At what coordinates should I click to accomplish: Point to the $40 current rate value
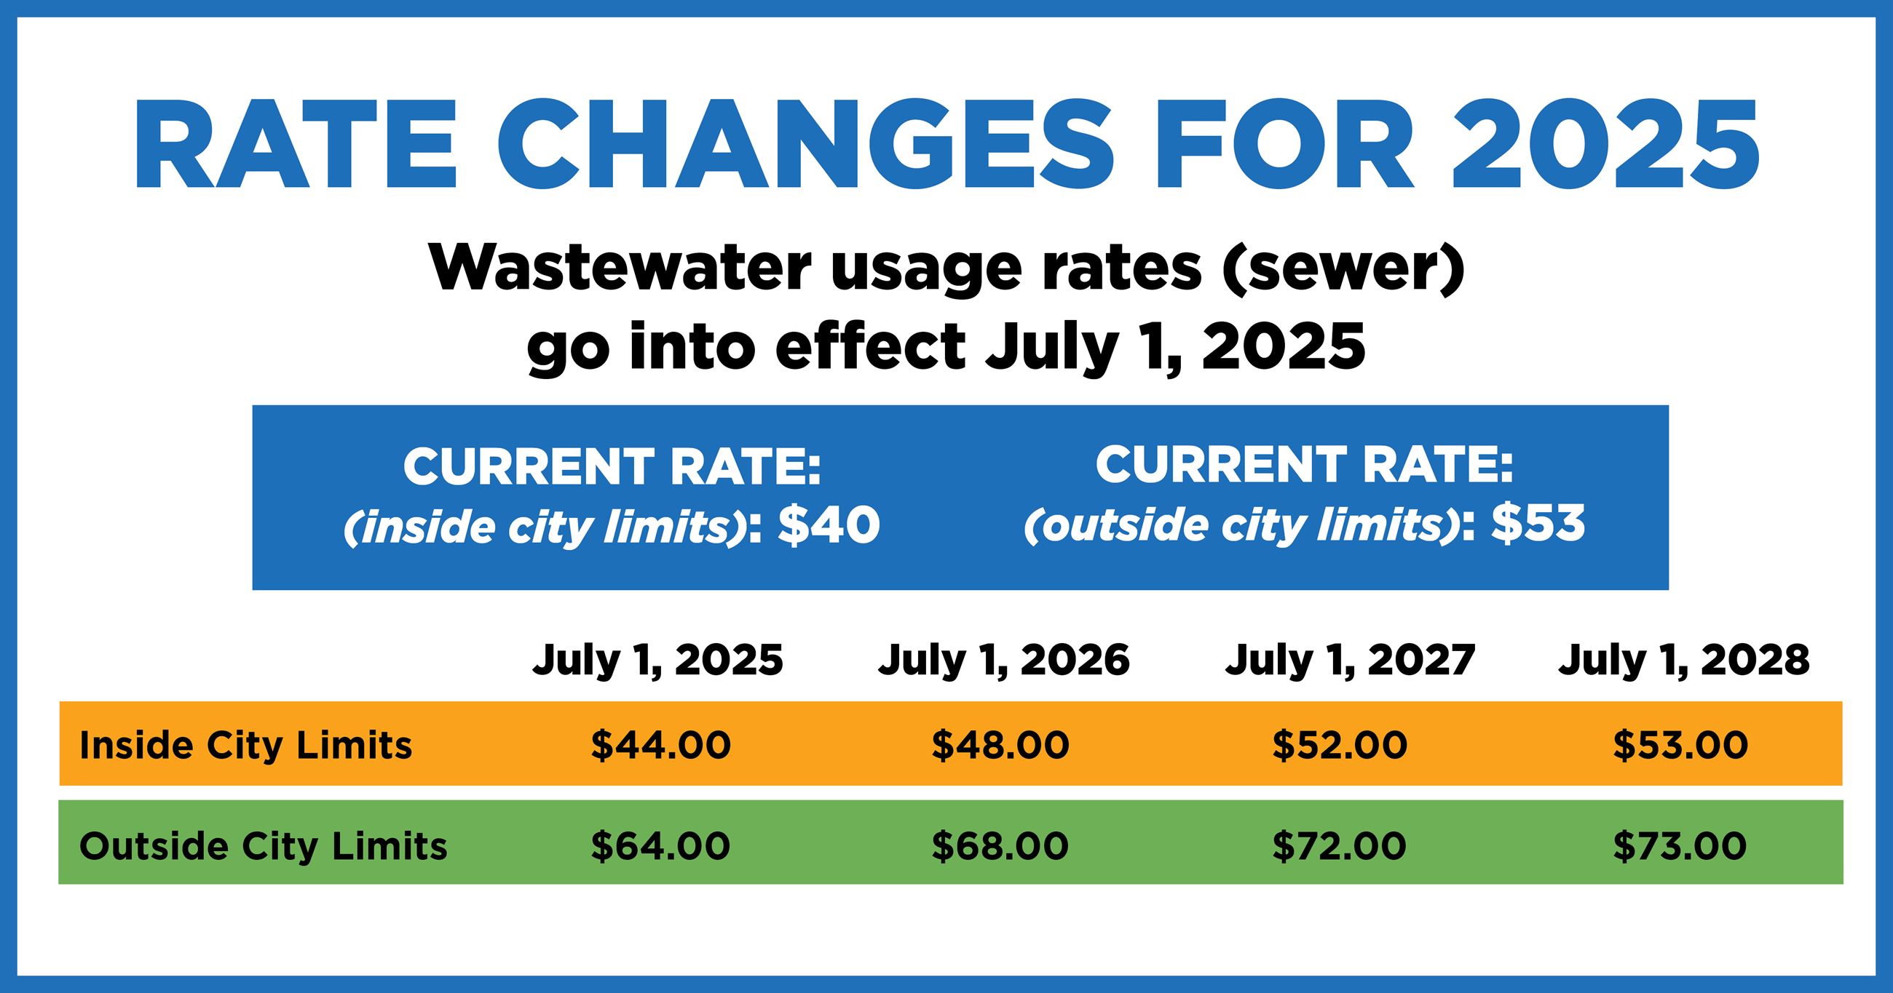coord(829,526)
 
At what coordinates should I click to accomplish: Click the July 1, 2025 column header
coord(657,661)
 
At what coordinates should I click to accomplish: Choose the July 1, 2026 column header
coord(1004,661)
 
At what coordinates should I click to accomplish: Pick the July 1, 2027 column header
coord(1350,661)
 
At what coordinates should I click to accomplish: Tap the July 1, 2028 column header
coord(1684,661)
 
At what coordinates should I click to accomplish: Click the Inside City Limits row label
coord(245,746)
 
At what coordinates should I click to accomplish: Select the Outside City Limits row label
coord(263,845)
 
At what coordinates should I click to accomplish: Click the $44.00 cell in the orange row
coord(660,746)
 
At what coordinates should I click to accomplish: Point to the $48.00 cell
coord(1001,746)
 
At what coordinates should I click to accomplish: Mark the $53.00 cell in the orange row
coord(1680,746)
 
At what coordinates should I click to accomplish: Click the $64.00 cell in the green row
coord(660,845)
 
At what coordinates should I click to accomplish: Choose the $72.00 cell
coord(1340,845)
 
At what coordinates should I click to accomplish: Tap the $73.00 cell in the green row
coord(1680,845)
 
